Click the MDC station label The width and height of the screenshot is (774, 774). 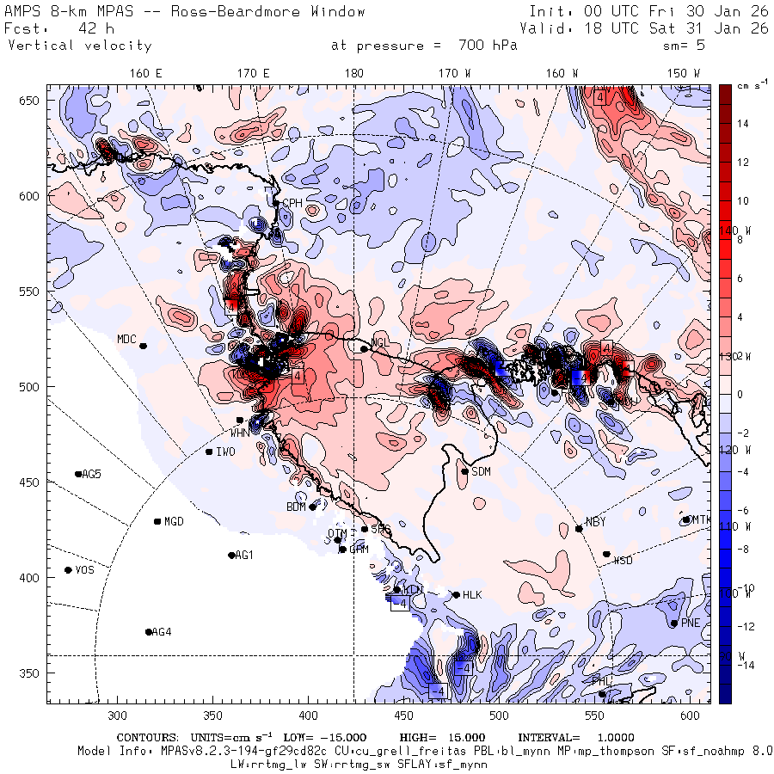click(126, 339)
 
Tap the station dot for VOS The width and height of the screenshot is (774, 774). click(68, 570)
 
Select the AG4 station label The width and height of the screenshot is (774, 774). click(162, 632)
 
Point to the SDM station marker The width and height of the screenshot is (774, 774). click(464, 471)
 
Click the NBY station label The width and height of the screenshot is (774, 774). click(595, 522)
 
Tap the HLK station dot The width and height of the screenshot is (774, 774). click(456, 594)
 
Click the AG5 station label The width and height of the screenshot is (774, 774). click(91, 474)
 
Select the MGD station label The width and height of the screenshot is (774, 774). click(174, 522)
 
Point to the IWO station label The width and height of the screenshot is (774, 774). click(225, 451)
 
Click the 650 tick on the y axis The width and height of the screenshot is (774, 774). click(32, 101)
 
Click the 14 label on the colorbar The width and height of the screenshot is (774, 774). click(742, 124)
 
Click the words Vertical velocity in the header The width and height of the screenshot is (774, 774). click(79, 46)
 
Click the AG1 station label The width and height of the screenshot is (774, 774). click(244, 556)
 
